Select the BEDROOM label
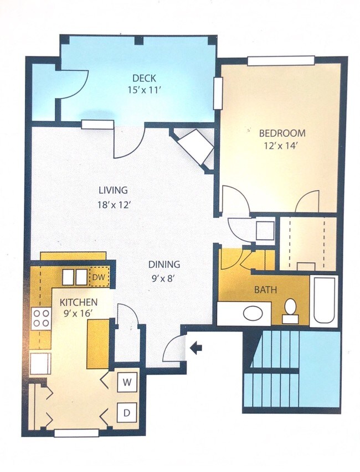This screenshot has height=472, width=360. [282, 133]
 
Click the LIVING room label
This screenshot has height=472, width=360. [113, 190]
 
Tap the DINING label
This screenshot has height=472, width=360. [164, 264]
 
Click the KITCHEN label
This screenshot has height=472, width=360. [79, 302]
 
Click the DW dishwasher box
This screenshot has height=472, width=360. [99, 277]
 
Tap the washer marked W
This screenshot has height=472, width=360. [127, 381]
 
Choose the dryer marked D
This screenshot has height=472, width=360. [127, 412]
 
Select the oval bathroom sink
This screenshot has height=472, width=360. [254, 313]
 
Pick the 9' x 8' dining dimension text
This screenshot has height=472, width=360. [164, 278]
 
